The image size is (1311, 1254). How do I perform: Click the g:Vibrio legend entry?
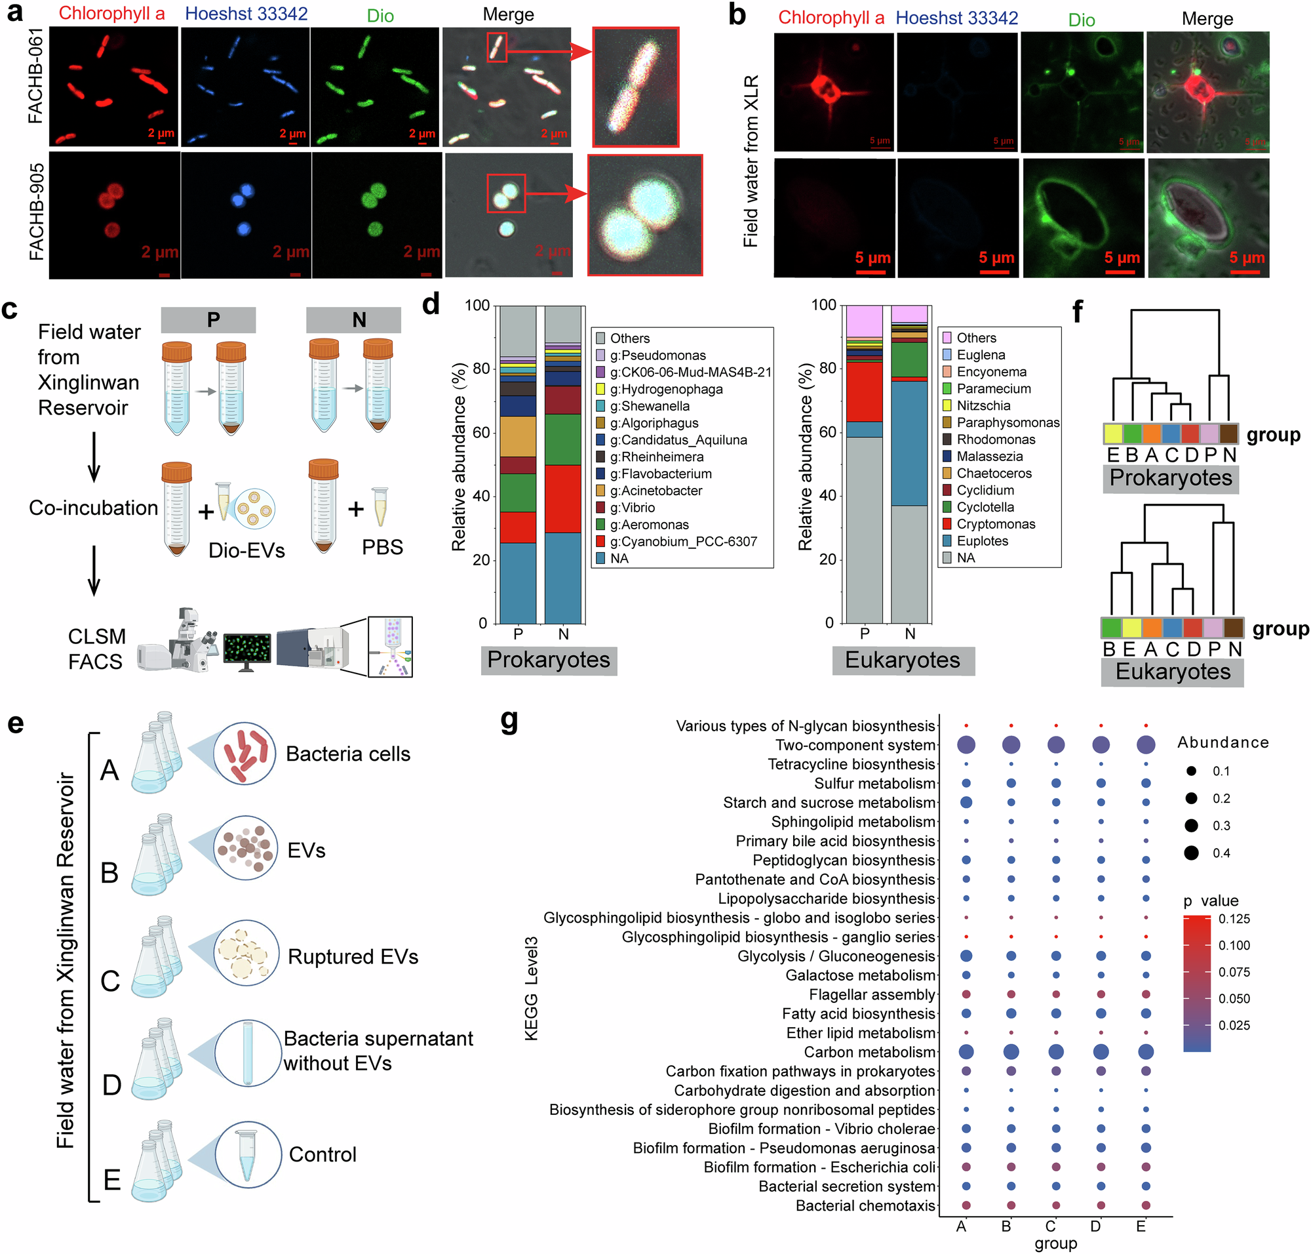(631, 508)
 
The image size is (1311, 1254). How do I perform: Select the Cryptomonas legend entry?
(995, 524)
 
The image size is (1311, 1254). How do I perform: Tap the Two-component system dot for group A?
(965, 744)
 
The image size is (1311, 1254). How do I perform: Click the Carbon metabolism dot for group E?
(1145, 1051)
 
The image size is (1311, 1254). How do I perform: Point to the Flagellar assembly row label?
(871, 995)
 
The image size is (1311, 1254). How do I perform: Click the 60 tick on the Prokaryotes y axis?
(480, 432)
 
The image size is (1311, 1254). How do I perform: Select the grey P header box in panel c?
(208, 320)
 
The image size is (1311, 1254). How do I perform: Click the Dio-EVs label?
(246, 550)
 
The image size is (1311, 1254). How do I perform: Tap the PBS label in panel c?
(382, 548)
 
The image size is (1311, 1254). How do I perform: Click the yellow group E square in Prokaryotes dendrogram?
(1112, 434)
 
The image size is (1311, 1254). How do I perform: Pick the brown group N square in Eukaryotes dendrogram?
(1233, 628)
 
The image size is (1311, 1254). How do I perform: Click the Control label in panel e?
(322, 1154)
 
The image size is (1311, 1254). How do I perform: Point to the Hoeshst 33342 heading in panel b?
(956, 18)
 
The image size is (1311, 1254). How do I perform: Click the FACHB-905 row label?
(36, 212)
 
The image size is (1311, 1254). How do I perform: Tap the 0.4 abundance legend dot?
(1191, 853)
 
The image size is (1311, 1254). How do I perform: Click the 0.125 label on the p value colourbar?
(1234, 919)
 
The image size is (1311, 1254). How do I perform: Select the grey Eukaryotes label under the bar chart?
(902, 660)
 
